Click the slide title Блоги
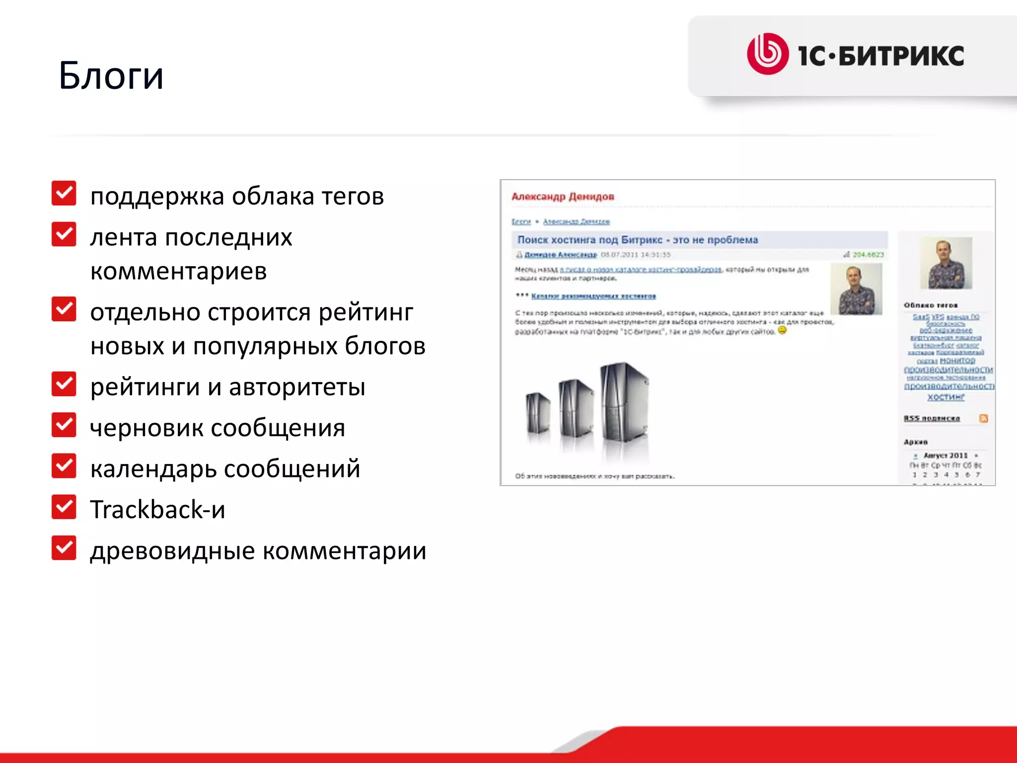pos(111,76)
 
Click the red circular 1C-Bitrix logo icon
pos(767,54)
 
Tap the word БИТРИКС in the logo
pos(901,56)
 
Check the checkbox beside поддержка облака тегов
pos(64,193)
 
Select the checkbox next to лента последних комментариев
pos(64,234)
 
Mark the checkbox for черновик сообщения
pos(64,425)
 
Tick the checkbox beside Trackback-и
pos(64,507)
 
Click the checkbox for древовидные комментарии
pos(64,548)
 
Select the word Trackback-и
pos(157,510)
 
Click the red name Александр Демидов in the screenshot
pos(563,197)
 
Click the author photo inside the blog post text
pos(856,289)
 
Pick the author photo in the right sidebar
pos(946,263)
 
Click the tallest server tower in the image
pos(624,402)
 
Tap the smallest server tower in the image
pos(538,413)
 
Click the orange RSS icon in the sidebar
pos(983,418)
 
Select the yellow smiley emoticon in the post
pos(782,330)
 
